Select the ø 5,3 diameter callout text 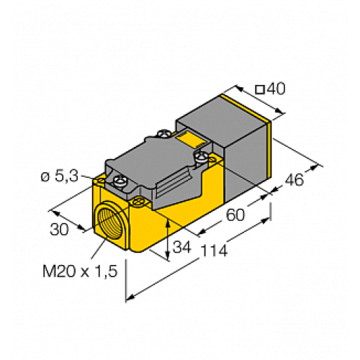64,174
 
